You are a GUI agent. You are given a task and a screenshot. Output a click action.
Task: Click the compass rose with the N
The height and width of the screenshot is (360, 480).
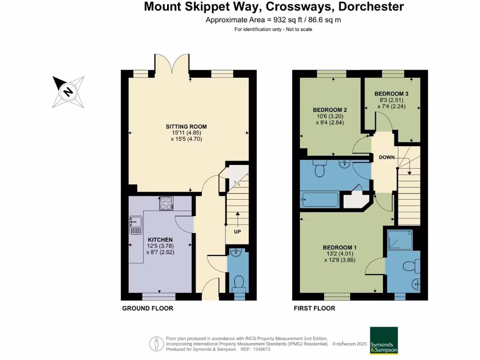coord(68,91)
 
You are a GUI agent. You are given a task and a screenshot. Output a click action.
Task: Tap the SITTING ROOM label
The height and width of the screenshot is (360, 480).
coord(186,127)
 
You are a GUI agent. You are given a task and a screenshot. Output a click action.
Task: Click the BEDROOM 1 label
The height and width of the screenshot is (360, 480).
coord(340,247)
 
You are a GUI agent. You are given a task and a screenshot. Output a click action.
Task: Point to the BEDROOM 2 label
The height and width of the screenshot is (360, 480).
coord(330,110)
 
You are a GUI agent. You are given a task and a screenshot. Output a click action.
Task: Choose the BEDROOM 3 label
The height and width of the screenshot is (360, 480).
coord(391,94)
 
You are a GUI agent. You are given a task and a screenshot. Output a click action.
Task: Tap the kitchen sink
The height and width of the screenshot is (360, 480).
coord(135,225)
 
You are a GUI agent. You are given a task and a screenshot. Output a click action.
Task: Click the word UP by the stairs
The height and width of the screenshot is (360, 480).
coord(238,232)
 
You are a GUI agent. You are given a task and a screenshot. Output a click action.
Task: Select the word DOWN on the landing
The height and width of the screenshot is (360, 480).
coord(387,157)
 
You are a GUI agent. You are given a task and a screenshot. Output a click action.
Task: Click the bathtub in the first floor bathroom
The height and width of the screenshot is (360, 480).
coord(320,200)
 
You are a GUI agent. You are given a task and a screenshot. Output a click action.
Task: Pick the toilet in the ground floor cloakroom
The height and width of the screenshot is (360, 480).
coord(239,283)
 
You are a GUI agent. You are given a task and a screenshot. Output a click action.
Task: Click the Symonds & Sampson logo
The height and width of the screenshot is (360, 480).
coord(384,341)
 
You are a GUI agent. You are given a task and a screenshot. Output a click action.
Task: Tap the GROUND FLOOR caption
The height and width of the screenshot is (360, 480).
coord(148,308)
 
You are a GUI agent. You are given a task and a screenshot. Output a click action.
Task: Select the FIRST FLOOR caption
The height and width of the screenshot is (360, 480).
coord(314,308)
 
